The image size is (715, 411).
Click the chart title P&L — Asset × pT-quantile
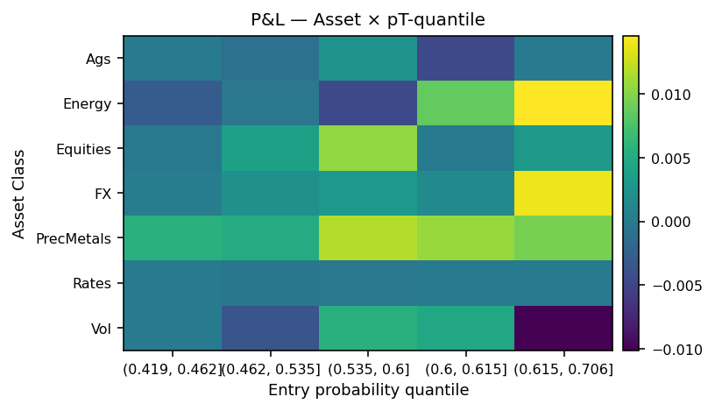[367, 19]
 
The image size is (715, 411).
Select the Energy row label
[87, 104]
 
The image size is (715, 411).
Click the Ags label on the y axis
[98, 60]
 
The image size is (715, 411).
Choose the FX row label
[103, 194]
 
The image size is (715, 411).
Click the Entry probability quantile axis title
[368, 390]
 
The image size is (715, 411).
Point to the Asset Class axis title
[19, 194]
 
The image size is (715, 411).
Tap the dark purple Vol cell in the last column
[563, 329]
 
